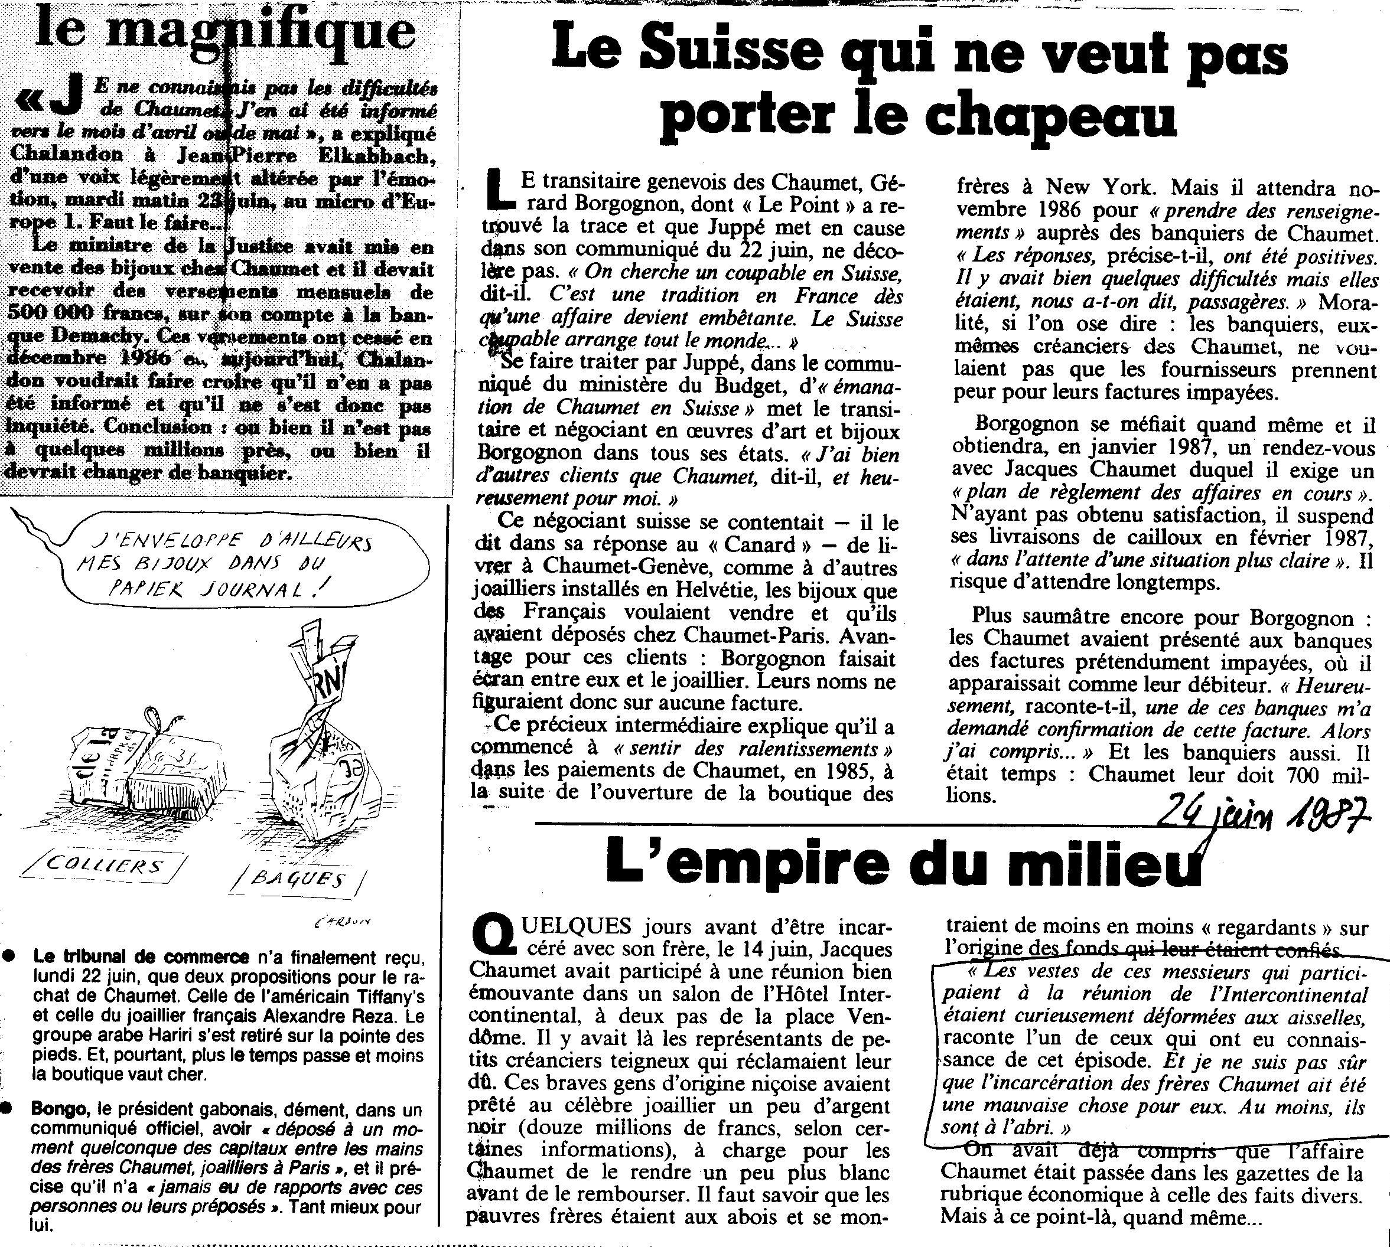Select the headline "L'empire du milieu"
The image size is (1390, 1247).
point(905,874)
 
